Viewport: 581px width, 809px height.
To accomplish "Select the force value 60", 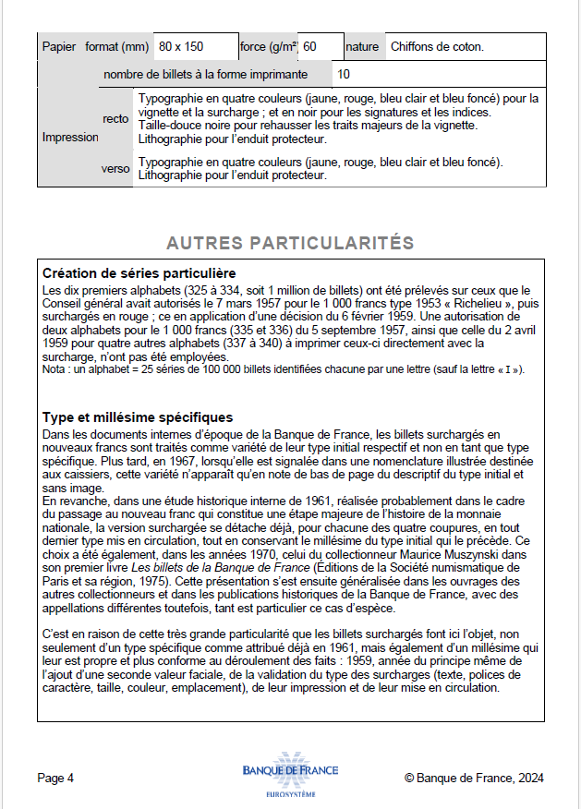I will coord(309,46).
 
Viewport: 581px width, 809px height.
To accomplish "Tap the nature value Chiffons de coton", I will coord(437,46).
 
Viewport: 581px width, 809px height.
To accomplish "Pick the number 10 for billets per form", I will coord(344,74).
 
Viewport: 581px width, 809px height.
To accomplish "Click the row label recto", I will coord(115,119).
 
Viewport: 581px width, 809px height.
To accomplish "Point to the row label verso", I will coord(115,168).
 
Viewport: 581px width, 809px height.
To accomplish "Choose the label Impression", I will coord(70,137).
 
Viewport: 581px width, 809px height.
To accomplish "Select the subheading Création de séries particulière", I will coord(139,273).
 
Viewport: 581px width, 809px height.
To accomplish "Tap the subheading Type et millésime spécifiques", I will coord(138,417).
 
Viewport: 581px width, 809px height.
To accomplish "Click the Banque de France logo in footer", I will coord(290,775).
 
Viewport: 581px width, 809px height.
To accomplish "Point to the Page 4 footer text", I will coord(55,778).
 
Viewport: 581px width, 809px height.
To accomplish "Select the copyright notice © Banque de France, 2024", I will coord(474,778).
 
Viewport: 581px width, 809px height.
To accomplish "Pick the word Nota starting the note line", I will coord(54,369).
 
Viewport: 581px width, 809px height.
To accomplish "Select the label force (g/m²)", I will coord(268,46).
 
